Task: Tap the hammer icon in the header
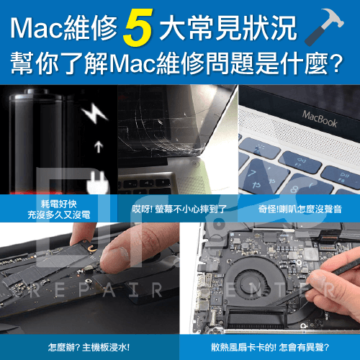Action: pos(325,27)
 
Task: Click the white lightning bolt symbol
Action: pos(94,113)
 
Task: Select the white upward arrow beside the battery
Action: pos(99,147)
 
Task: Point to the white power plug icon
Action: pos(98,181)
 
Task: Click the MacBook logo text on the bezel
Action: pos(320,119)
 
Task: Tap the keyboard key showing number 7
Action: pos(264,175)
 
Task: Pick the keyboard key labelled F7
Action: pos(300,161)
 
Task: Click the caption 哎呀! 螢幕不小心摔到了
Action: pos(179,210)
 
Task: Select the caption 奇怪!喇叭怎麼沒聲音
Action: pos(300,210)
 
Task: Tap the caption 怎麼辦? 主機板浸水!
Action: pos(89,347)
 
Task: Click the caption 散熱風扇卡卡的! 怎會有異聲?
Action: pos(270,347)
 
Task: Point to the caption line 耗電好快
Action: pos(59,204)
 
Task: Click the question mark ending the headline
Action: pos(337,63)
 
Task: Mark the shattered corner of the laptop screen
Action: pos(196,151)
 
